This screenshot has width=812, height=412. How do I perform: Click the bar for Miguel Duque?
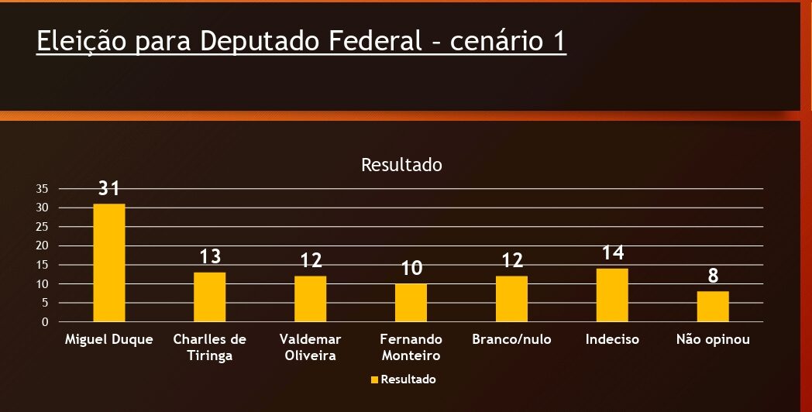point(108,263)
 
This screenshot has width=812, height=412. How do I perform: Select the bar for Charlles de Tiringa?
point(209,297)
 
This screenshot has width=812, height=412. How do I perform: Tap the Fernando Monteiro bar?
point(411,303)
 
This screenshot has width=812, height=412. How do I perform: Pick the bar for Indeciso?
point(612,295)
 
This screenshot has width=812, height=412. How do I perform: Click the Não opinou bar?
point(713,307)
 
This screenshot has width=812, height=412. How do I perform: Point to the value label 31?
point(108,188)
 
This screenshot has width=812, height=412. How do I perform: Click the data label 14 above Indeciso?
point(612,252)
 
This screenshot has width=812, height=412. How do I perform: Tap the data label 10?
point(411,269)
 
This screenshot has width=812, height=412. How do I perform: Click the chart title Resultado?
point(401,165)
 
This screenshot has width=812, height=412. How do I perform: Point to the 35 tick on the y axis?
point(42,189)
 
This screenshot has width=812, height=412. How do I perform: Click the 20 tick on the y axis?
point(42,245)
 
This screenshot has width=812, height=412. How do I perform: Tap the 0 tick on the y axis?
point(45,321)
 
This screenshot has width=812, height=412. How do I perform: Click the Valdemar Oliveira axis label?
point(310,348)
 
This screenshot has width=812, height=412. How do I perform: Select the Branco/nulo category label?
point(511,340)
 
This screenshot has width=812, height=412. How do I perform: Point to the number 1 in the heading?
point(559,42)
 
